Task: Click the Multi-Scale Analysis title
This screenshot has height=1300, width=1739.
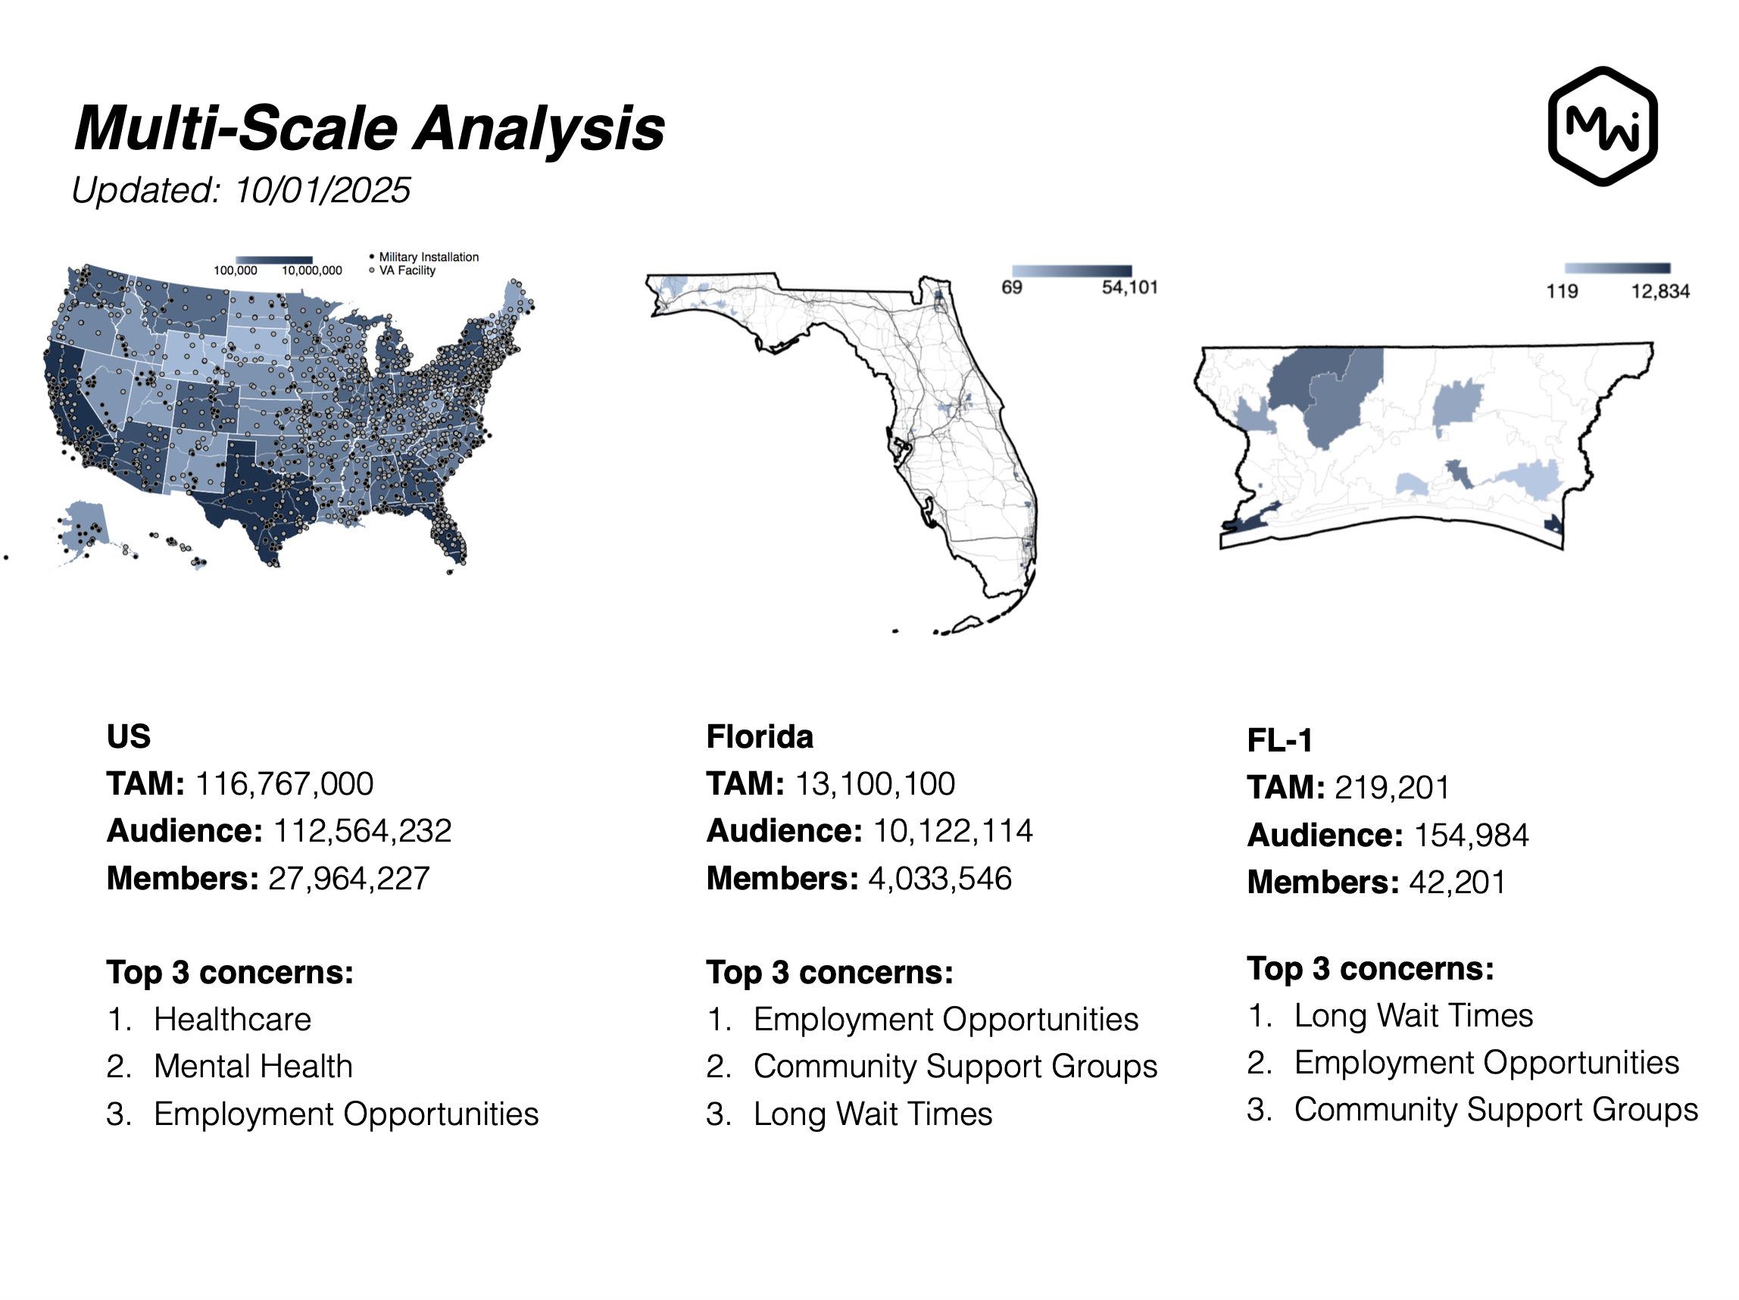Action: (x=369, y=127)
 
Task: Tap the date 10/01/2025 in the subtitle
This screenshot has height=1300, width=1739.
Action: (x=323, y=190)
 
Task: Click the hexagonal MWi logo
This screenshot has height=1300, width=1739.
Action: (x=1601, y=127)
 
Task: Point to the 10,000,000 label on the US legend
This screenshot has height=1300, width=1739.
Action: (x=311, y=270)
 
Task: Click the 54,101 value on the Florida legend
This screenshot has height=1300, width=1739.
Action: (x=1129, y=288)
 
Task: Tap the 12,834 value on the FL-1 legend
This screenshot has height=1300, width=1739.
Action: (x=1659, y=292)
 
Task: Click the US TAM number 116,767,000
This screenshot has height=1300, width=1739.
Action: (x=284, y=783)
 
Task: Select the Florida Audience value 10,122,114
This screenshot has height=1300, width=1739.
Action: (x=952, y=830)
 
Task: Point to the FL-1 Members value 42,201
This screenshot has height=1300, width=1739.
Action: (x=1456, y=883)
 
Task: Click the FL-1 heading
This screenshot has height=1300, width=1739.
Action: (x=1279, y=740)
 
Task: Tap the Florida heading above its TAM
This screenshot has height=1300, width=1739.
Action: (x=760, y=737)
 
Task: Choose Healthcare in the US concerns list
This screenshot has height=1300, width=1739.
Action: (x=232, y=1019)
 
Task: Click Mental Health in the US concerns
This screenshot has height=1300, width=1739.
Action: (x=253, y=1067)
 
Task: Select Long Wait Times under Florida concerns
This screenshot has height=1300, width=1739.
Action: (x=872, y=1114)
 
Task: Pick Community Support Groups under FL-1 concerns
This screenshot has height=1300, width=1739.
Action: (x=1495, y=1110)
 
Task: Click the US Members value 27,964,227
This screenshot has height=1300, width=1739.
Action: (x=348, y=879)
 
